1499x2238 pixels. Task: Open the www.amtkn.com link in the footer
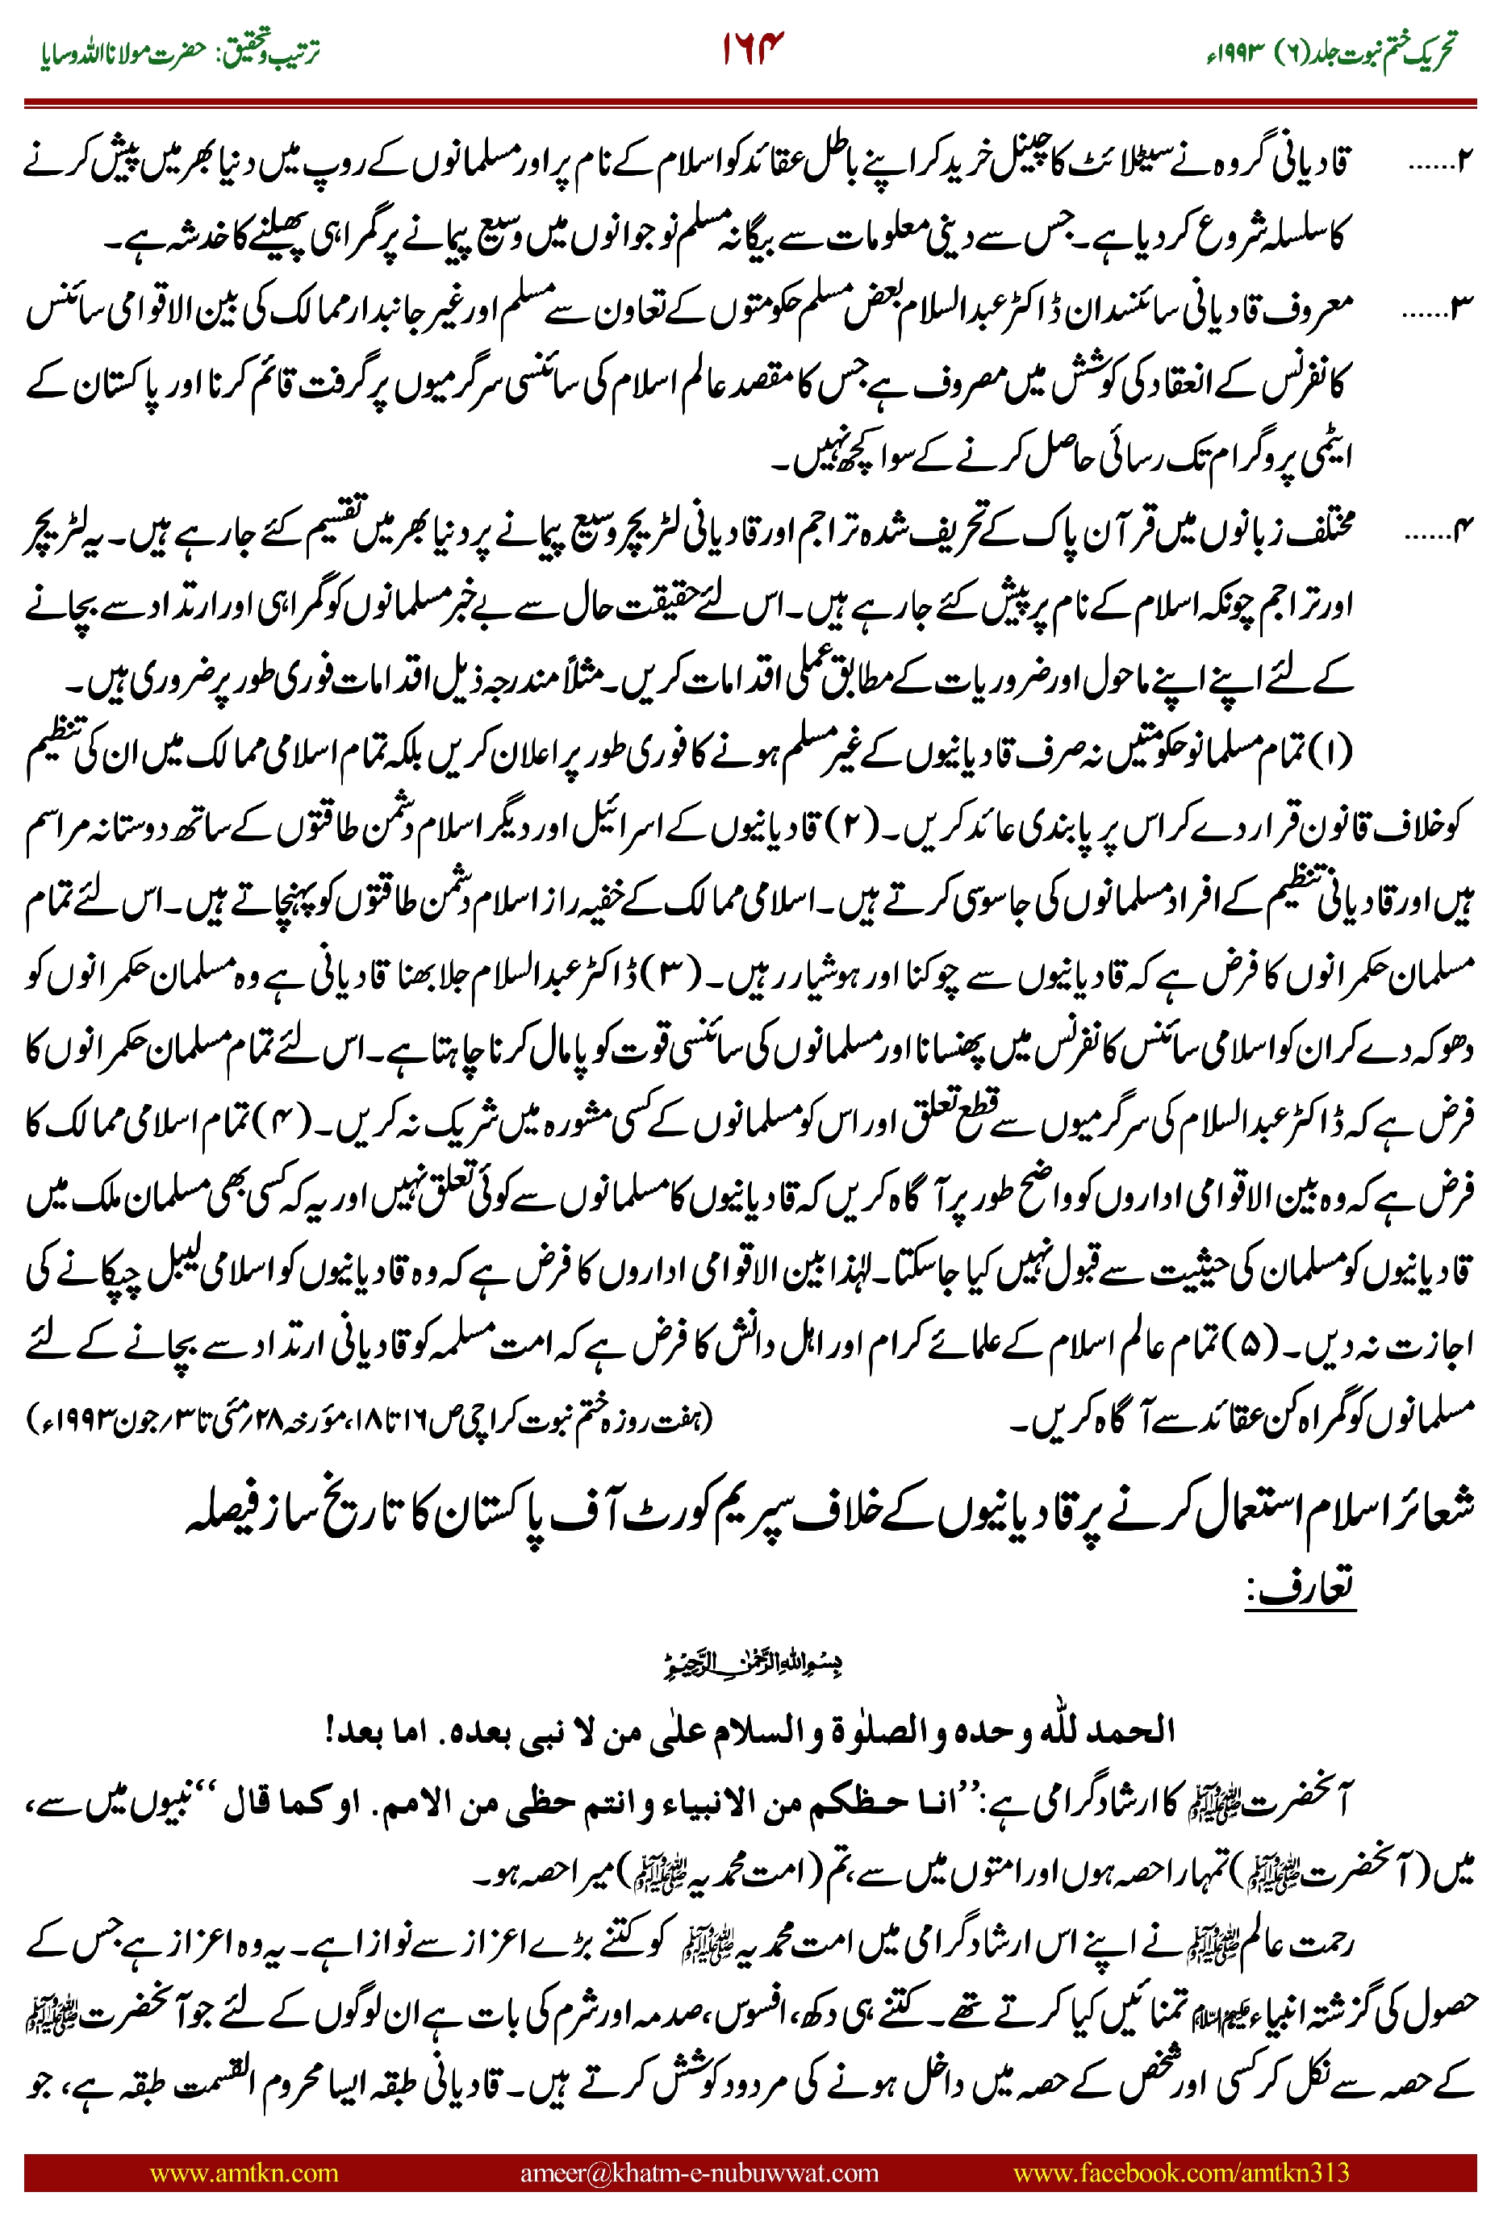[x=244, y=2172]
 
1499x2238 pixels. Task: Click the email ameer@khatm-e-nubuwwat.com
[x=699, y=2172]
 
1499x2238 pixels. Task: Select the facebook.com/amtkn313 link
[x=1180, y=2172]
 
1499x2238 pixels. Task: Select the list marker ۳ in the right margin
[x=1464, y=308]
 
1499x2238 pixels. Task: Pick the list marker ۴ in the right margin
[x=1464, y=527]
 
